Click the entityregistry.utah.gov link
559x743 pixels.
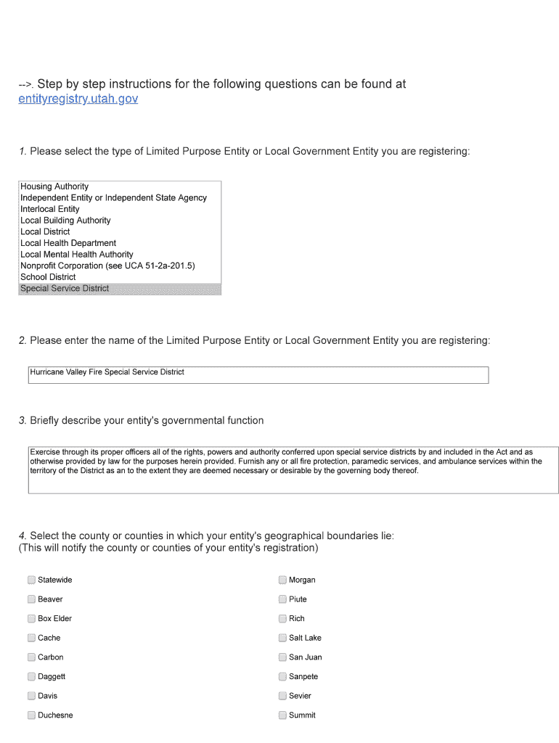point(78,99)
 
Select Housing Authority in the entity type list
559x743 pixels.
point(54,186)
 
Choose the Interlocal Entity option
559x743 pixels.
point(50,209)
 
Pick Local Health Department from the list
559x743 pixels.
point(68,243)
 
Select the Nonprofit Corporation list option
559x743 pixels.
point(107,266)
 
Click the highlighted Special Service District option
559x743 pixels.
point(65,289)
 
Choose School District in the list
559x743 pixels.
point(48,277)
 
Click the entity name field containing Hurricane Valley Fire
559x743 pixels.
point(258,374)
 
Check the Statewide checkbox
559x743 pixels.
point(31,580)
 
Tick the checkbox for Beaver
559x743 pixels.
point(31,599)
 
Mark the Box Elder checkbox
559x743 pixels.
point(31,619)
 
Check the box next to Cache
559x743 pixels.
point(31,638)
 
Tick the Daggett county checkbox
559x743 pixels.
point(31,676)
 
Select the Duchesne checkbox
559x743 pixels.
point(31,715)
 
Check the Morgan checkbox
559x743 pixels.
point(282,580)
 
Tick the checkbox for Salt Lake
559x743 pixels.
point(282,638)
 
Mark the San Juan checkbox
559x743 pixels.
point(282,657)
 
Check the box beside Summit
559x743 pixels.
point(282,715)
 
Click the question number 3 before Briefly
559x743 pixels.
point(23,421)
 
